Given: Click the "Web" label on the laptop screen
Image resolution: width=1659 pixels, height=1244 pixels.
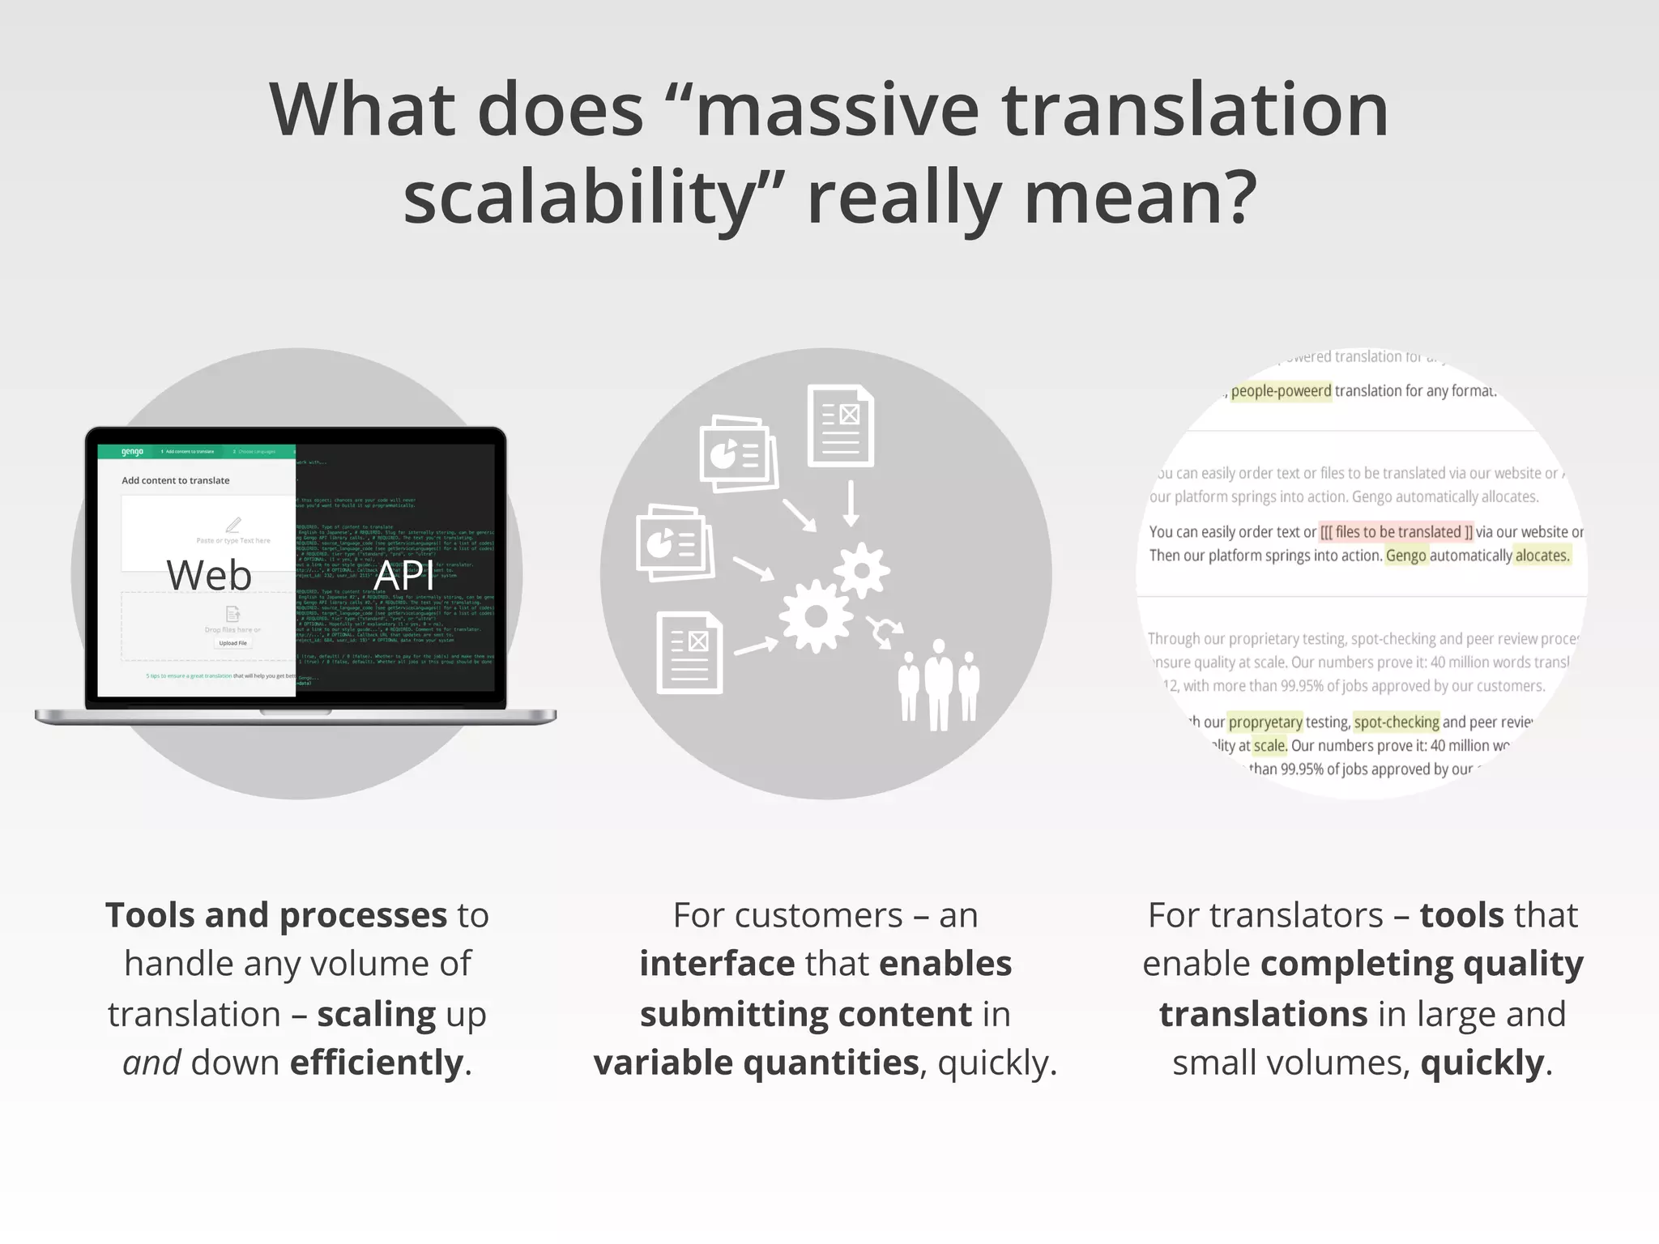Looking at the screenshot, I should (x=209, y=575).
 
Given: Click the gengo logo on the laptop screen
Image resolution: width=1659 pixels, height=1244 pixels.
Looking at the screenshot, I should (x=132, y=452).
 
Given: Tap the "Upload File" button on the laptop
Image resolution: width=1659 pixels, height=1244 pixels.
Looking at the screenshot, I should (x=232, y=643).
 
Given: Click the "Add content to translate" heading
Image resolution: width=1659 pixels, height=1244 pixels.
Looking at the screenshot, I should (x=175, y=480).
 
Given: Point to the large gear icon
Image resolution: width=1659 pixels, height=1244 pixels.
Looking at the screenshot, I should (x=816, y=616).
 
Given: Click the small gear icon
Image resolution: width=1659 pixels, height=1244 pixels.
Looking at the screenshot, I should (x=862, y=570).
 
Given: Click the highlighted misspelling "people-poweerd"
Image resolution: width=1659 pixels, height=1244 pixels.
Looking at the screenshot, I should (x=1281, y=391).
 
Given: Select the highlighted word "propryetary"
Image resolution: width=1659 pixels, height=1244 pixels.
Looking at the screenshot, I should (x=1265, y=722).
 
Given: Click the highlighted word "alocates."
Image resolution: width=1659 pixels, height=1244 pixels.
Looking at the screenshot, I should (x=1542, y=556).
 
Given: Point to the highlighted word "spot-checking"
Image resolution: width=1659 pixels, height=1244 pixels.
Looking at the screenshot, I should (x=1397, y=722).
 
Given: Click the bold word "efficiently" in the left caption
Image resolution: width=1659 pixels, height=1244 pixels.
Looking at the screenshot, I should (x=377, y=1063).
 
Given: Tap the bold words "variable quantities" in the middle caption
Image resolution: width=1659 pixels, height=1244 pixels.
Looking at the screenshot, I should (x=757, y=1063).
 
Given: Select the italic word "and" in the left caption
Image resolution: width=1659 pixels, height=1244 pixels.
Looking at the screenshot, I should (x=151, y=1063).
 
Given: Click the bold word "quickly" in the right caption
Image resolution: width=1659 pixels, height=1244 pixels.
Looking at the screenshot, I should (x=1482, y=1063).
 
